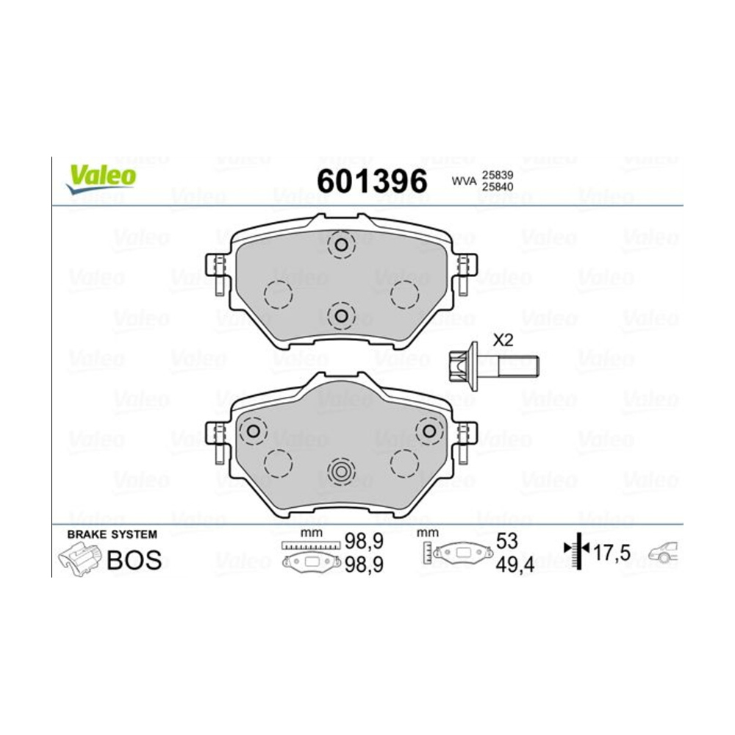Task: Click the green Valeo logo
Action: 101,179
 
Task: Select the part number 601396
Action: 372,181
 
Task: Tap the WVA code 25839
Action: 498,175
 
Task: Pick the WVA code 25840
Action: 498,187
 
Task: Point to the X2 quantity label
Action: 503,340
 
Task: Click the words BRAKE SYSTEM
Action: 112,534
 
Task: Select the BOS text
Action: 134,559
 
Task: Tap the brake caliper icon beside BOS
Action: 79,559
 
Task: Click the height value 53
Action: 506,541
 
